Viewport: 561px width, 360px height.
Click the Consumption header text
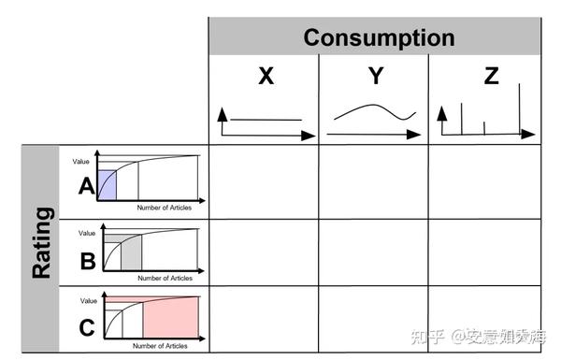(379, 37)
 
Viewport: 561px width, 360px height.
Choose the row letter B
(87, 261)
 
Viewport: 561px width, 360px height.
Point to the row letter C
(87, 328)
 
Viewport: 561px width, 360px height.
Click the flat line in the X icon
(266, 120)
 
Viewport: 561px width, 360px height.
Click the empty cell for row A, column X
(265, 181)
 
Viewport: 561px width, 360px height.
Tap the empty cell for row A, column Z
(483, 181)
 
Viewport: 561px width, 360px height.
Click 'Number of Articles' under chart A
(164, 208)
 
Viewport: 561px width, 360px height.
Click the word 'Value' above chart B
(87, 233)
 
